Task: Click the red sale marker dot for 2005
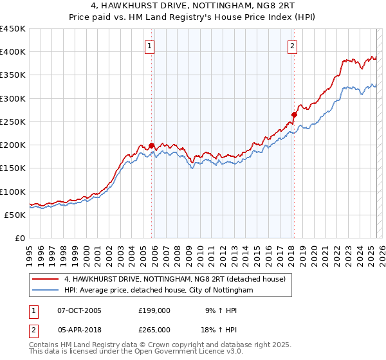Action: (x=152, y=146)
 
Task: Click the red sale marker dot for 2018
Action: (x=293, y=115)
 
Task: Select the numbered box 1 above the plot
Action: (x=149, y=46)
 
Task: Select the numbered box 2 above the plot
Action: (x=292, y=46)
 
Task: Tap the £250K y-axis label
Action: (x=14, y=122)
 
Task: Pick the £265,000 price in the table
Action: (x=154, y=329)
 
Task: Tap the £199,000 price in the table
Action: (x=154, y=310)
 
